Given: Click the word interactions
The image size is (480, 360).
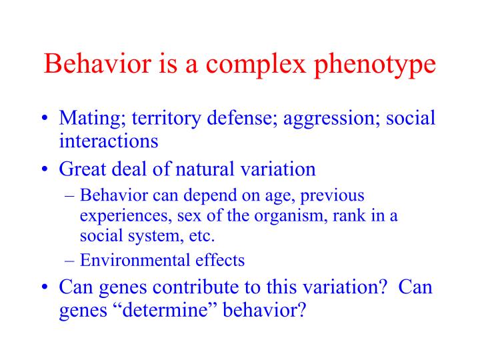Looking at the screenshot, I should (x=109, y=141).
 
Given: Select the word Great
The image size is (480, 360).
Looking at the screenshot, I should (x=81, y=169).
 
